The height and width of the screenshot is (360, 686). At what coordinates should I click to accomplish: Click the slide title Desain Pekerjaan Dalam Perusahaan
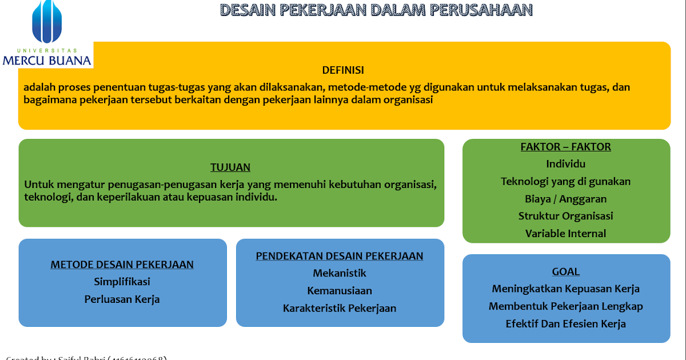click(377, 10)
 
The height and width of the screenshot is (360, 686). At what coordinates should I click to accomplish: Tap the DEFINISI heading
click(343, 70)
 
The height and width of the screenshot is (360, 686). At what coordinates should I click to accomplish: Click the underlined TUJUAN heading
click(230, 167)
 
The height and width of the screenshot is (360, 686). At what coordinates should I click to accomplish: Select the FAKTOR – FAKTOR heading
click(565, 147)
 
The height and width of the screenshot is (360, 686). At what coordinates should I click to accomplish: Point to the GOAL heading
click(565, 272)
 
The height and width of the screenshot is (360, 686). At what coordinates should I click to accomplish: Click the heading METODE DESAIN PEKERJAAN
click(122, 265)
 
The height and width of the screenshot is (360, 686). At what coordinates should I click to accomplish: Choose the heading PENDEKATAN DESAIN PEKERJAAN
click(340, 256)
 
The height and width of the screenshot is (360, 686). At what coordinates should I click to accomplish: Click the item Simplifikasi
click(122, 282)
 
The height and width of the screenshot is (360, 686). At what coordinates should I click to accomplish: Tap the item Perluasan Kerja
click(122, 299)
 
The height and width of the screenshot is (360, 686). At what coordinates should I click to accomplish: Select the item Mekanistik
click(340, 273)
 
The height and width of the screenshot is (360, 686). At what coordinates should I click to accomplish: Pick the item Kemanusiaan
click(340, 291)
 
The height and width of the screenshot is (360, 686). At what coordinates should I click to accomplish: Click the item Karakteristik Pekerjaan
click(340, 309)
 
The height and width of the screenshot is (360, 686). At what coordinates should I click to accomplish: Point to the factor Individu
click(565, 164)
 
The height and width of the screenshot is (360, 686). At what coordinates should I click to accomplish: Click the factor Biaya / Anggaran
click(565, 199)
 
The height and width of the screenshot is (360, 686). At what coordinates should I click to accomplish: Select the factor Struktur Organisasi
click(565, 216)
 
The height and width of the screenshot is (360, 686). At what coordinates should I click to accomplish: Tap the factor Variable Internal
click(565, 234)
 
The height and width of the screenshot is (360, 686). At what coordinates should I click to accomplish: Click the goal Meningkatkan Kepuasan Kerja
click(565, 289)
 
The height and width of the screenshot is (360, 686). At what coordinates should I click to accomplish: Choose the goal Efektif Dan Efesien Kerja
click(565, 324)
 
